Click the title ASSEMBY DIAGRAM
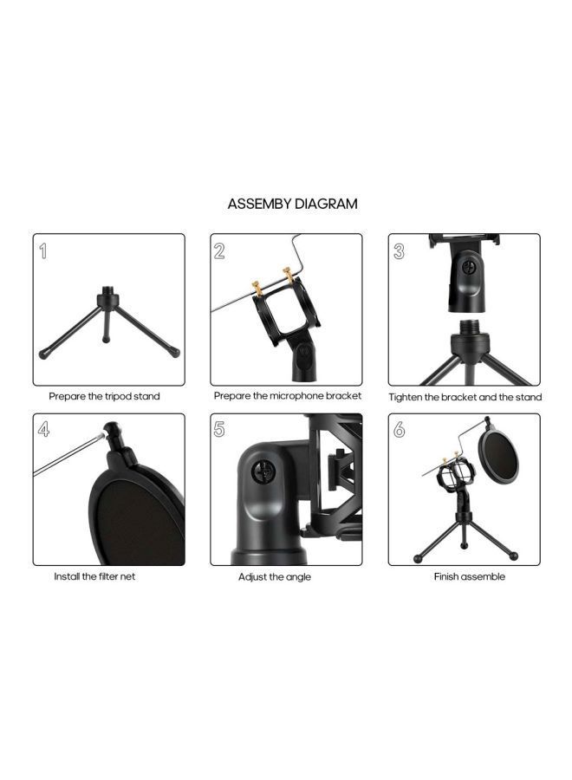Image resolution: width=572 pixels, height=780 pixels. tap(292, 205)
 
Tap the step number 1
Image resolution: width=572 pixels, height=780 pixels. tap(43, 251)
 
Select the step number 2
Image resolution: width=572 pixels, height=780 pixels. tap(220, 251)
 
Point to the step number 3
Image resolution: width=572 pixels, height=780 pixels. tap(400, 251)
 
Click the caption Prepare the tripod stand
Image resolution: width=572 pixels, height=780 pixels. tap(104, 396)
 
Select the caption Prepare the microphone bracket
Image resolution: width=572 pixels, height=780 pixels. tap(287, 396)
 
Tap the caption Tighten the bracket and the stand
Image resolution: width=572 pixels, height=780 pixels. tap(465, 397)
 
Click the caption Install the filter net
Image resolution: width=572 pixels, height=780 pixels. tap(94, 576)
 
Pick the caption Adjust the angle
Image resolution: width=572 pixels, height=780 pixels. tap(275, 576)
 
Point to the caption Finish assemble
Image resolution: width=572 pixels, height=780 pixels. tap(469, 576)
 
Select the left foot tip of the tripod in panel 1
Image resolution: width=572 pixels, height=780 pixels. tap(44, 354)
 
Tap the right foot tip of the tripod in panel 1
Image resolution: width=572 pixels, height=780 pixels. tap(175, 353)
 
